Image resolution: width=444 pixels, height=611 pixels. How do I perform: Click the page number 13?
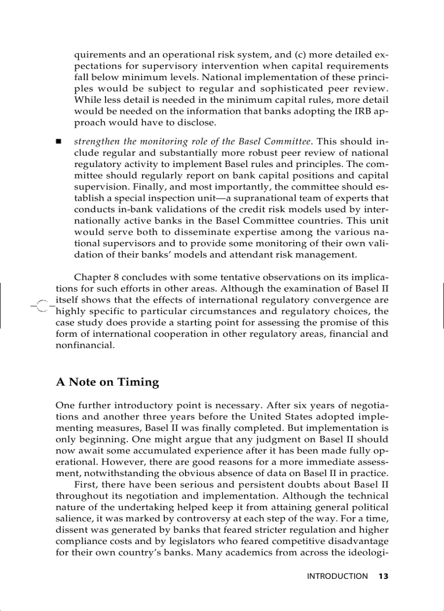[x=383, y=576]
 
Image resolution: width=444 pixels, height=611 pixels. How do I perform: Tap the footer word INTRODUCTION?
[x=337, y=576]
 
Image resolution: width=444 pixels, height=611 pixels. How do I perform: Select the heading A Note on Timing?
[x=107, y=382]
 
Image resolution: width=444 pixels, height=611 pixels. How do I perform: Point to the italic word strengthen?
[x=94, y=141]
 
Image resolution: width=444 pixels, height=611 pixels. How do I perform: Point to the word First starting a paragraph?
[x=85, y=484]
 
